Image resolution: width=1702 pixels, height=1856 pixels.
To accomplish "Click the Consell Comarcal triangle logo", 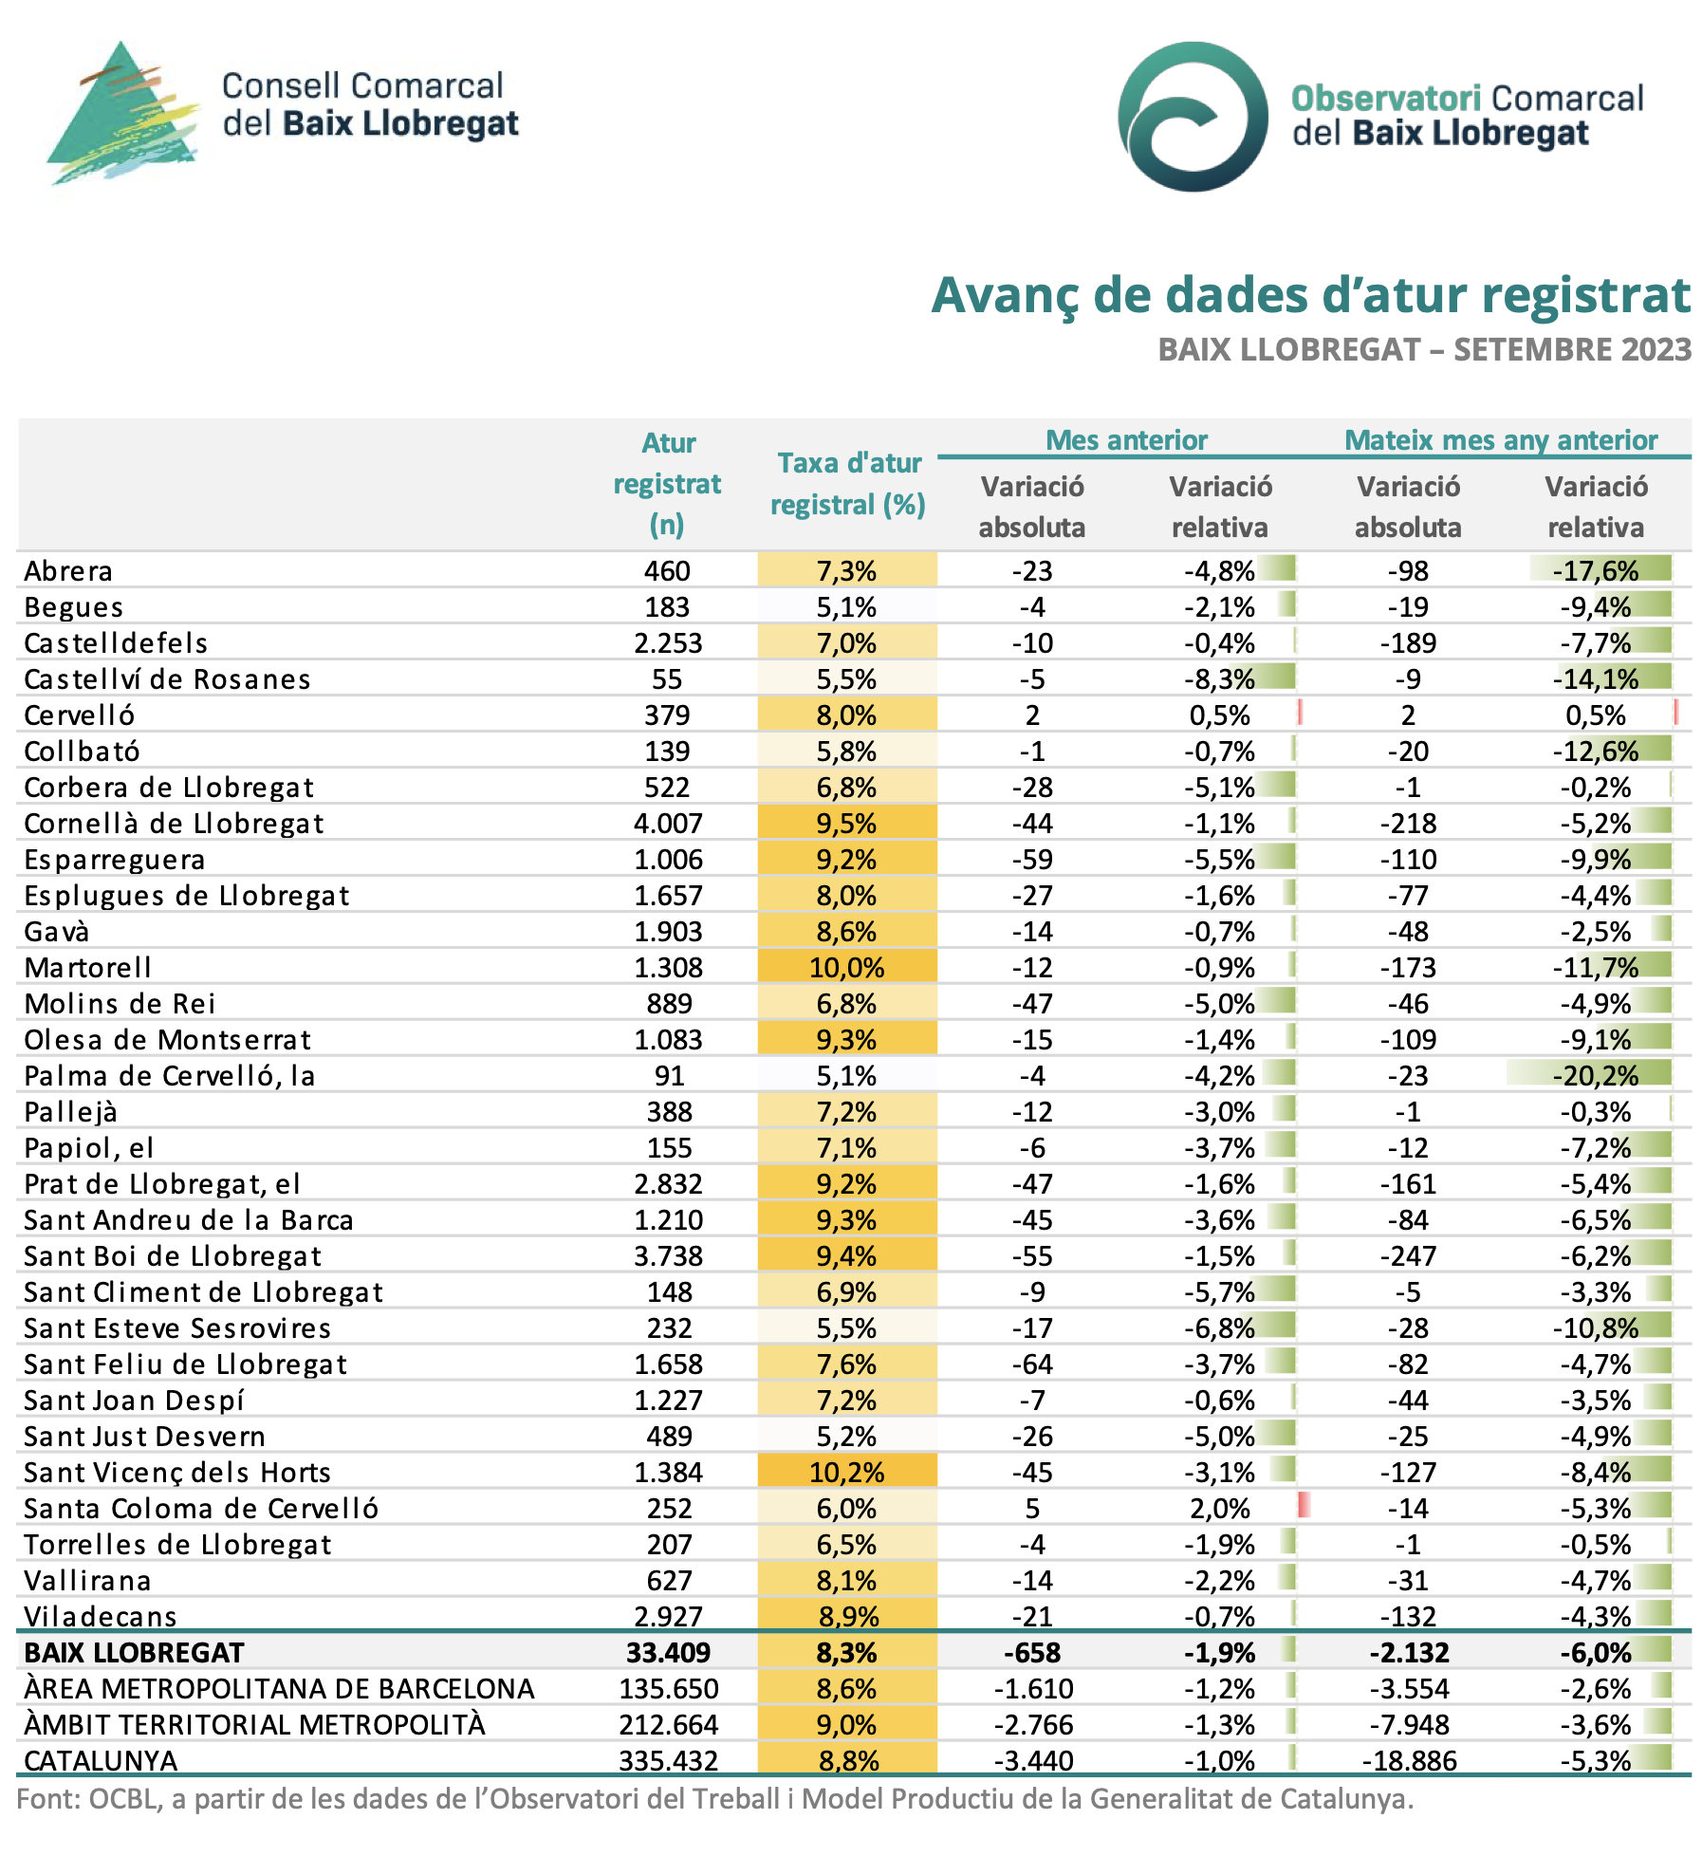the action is [123, 113].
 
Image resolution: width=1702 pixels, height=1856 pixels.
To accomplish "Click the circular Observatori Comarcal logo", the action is [1193, 116].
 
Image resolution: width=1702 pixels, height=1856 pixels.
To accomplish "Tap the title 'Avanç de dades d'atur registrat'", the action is [1311, 295].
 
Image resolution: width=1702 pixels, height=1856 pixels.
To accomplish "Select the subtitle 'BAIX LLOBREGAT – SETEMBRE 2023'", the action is [1424, 350].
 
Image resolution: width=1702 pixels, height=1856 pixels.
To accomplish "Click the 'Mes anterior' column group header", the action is [1126, 440].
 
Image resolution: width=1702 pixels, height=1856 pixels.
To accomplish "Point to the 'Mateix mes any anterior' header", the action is [1501, 440].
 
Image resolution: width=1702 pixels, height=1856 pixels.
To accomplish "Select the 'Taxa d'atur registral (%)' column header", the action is [848, 484].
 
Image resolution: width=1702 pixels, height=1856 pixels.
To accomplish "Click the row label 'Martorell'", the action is [88, 968].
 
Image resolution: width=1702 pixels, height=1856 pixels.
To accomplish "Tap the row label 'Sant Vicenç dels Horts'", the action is [177, 1473].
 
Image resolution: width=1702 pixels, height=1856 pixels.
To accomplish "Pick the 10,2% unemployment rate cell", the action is [847, 1473].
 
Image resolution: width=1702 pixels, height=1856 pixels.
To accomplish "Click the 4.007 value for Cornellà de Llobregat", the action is [668, 824].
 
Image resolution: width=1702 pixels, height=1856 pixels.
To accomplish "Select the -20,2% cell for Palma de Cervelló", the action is [1596, 1076].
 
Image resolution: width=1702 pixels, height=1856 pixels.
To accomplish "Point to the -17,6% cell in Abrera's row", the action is [1596, 571].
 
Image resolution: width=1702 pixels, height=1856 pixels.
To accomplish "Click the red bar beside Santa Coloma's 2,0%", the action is [1304, 1505].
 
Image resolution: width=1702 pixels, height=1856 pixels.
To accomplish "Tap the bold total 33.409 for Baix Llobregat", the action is [668, 1653].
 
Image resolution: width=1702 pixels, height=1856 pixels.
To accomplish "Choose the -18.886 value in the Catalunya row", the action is [1409, 1761].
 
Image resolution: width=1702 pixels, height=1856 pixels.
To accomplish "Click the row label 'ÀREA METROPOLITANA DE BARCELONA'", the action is [280, 1689].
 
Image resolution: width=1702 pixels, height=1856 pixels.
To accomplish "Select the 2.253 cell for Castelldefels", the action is [668, 643].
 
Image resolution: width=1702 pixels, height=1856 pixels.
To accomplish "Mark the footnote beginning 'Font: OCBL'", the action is [715, 1799].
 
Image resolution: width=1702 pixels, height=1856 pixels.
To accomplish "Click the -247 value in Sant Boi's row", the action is [1409, 1256].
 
